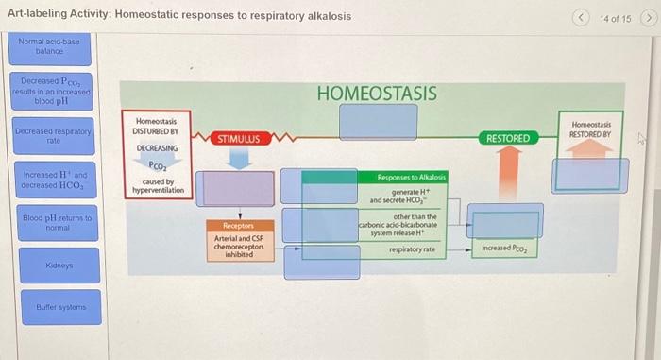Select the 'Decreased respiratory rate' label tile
(52, 136)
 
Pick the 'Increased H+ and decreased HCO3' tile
(52, 180)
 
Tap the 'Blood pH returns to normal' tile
(52, 223)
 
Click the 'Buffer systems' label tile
(52, 307)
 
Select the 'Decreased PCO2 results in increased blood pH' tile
(52, 92)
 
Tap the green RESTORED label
(508, 139)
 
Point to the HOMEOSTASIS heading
(377, 94)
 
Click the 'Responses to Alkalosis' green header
(411, 178)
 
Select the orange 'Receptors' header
(237, 227)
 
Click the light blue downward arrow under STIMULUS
(240, 159)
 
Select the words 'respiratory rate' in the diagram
(412, 249)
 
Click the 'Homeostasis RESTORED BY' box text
(591, 129)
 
